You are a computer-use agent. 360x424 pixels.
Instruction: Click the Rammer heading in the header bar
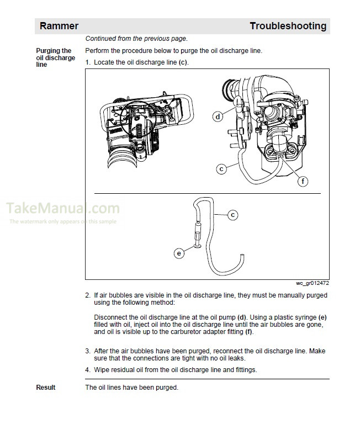59,26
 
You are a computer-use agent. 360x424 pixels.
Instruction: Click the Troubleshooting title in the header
288,26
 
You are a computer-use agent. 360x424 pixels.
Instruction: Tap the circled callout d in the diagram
219,116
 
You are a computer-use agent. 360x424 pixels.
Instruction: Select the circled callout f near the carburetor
303,181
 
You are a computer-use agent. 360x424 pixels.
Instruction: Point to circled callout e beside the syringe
179,253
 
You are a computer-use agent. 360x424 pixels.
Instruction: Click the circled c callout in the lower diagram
232,214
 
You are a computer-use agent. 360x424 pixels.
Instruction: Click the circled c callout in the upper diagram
221,169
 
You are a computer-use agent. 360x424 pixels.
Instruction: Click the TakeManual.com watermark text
63,209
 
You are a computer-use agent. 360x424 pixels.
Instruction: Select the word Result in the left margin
46,388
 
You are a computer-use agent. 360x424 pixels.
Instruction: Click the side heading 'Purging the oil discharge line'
55,57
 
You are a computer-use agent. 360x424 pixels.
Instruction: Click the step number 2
88,295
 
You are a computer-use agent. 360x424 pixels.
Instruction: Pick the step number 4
88,370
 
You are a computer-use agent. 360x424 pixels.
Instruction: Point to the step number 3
88,351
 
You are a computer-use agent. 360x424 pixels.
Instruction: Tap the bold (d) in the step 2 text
241,317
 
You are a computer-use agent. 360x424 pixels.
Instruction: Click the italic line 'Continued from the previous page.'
136,39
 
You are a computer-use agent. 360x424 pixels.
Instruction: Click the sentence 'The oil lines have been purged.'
132,388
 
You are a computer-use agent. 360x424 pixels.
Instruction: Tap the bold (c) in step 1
183,62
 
